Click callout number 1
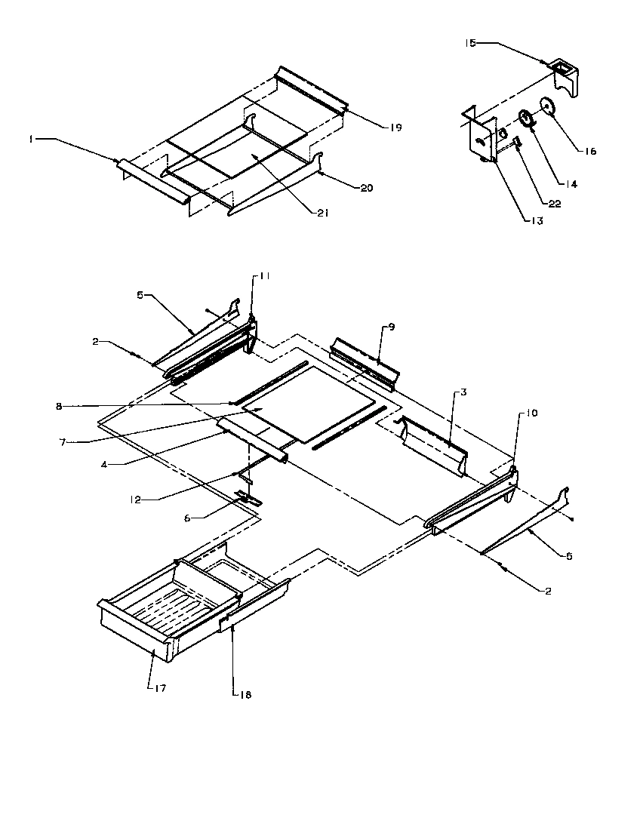coord(31,139)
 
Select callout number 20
coord(367,188)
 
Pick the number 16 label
coord(590,151)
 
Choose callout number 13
coord(537,221)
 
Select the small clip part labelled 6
coord(245,497)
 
